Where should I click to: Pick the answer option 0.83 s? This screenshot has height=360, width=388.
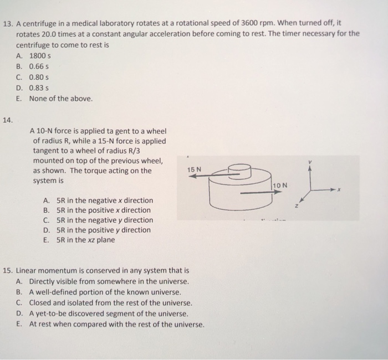[x=39, y=88]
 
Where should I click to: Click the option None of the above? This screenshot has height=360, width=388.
[x=61, y=99]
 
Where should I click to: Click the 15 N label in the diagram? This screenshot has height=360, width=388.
[x=195, y=169]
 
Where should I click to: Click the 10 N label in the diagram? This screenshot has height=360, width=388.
[x=280, y=185]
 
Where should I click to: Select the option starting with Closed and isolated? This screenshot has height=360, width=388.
[x=110, y=303]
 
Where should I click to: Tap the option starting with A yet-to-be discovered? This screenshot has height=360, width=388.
[x=109, y=313]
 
